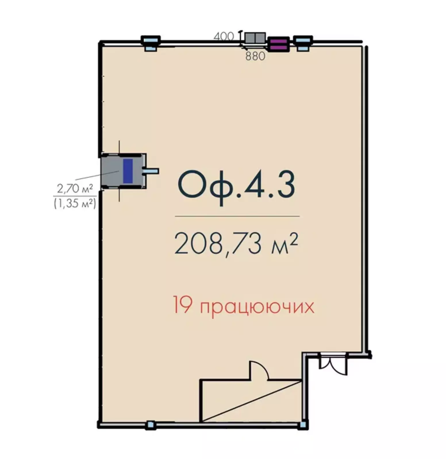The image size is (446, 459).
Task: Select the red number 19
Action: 182,306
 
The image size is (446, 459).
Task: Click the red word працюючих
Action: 257,308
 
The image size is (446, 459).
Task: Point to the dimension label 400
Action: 224,36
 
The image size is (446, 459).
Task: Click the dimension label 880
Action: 255,56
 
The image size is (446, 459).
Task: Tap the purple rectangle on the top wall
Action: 278,44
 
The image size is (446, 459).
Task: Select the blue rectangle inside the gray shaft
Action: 128,171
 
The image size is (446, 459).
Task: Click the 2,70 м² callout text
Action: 75,189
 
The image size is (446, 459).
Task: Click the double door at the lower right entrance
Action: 333,364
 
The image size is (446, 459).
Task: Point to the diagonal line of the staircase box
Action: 251,401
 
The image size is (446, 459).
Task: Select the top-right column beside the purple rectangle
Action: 303,43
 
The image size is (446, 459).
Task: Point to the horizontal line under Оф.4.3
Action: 237,216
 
